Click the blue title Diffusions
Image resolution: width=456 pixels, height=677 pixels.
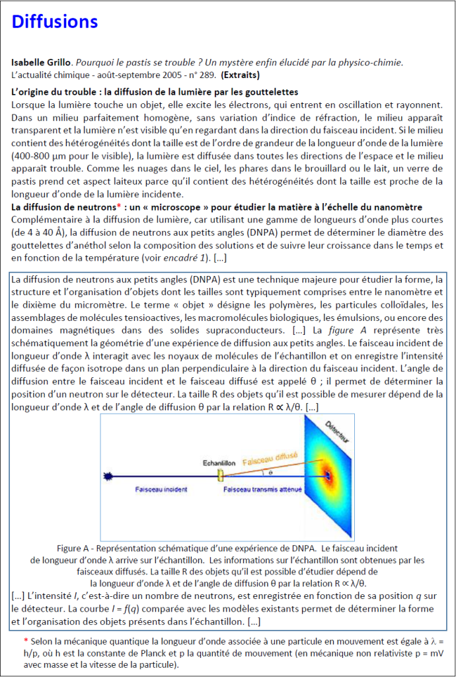(x=55, y=23)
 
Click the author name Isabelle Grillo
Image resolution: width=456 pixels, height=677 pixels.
(x=40, y=62)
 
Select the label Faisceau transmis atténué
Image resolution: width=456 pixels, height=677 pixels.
(x=262, y=490)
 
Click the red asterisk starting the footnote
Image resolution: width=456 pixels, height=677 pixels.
(x=26, y=641)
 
